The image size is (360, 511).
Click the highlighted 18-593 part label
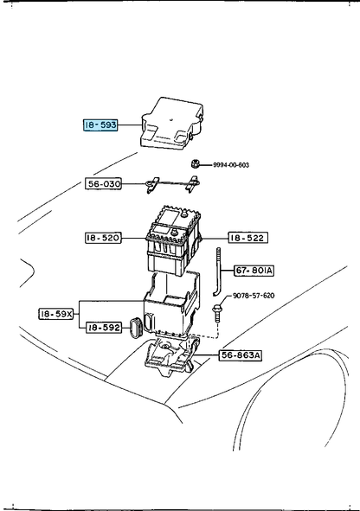tap(100, 125)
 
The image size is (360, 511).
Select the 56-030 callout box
tap(103, 183)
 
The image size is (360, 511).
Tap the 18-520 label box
tap(103, 238)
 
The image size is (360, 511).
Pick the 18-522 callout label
tap(247, 238)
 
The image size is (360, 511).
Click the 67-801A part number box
tap(254, 271)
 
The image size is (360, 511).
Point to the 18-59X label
tap(56, 314)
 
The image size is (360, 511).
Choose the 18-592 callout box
tap(104, 327)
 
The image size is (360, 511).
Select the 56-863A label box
tap(241, 355)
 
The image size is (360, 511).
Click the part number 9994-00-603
tap(231, 165)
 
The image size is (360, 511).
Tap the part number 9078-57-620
tap(254, 296)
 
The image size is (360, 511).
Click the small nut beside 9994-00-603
tap(195, 163)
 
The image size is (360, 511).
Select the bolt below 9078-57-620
tap(216, 313)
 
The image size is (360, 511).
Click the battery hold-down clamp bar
tap(172, 185)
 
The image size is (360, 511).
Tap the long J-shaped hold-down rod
tap(218, 271)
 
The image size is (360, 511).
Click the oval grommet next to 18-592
tap(135, 327)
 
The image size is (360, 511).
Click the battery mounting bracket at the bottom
tap(172, 356)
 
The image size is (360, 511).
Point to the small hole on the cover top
tap(171, 118)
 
